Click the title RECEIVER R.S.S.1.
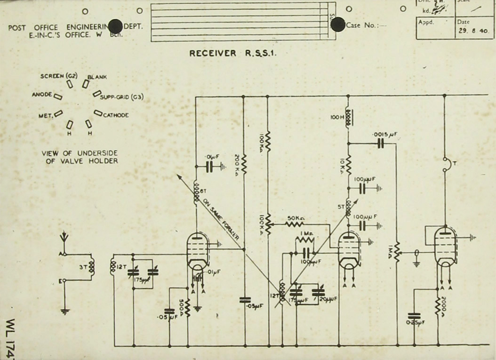(x=233, y=53)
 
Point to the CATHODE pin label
(x=116, y=115)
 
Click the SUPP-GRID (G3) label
(x=122, y=97)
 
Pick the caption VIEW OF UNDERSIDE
(x=79, y=153)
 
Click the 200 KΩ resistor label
(x=237, y=164)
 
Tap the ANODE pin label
(x=41, y=95)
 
